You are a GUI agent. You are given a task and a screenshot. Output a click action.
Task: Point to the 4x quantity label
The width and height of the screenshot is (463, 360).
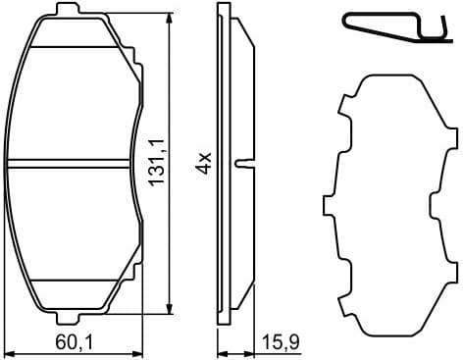point(203,163)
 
